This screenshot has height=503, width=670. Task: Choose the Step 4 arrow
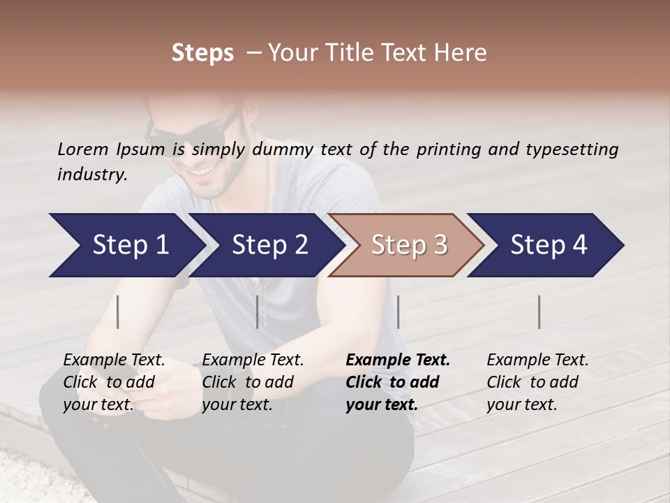coord(547,245)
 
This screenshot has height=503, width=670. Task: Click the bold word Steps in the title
coord(202,53)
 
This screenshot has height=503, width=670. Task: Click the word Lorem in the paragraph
coord(83,150)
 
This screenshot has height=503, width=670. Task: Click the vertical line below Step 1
coord(118,312)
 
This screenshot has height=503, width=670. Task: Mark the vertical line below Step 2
coord(258,312)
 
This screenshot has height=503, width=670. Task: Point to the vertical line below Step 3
coord(398,312)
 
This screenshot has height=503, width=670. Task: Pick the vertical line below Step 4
coord(539,312)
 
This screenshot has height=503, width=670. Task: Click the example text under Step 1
coord(114,382)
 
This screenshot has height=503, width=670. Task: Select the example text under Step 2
coord(253,382)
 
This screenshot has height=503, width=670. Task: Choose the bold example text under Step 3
coord(397,382)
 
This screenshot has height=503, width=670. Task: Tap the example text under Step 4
coord(537,382)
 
